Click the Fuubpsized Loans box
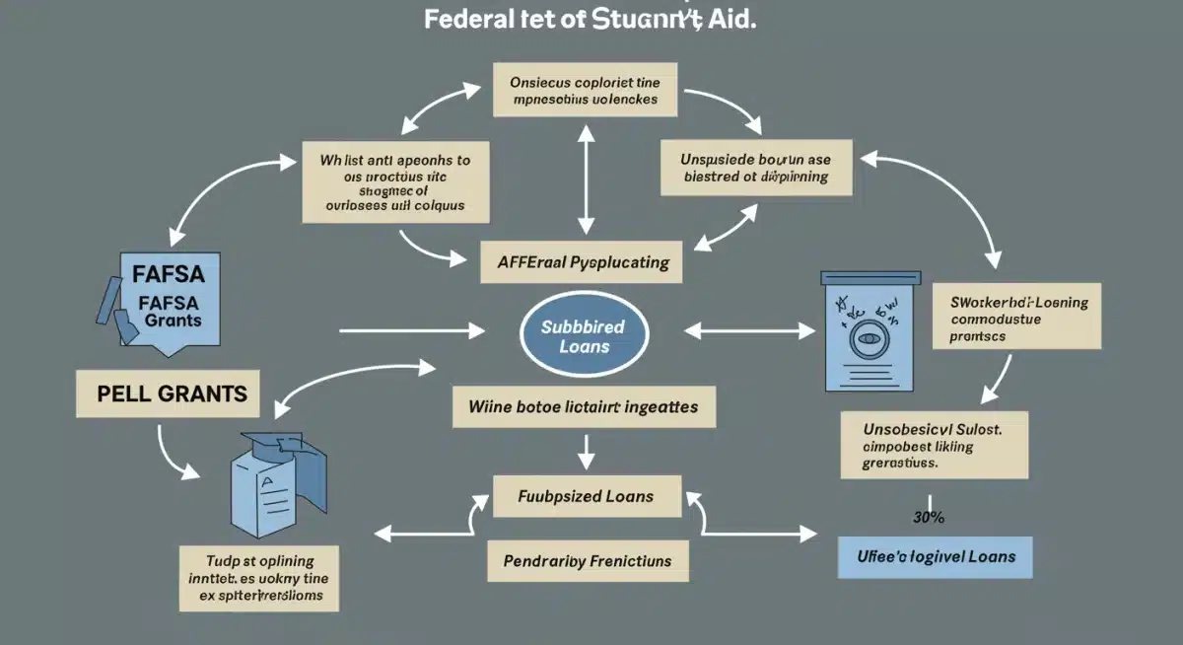[586, 496]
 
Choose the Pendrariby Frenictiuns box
[587, 560]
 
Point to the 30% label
[929, 516]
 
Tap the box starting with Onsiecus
[586, 91]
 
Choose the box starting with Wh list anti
[394, 182]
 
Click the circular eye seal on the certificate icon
[868, 337]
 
